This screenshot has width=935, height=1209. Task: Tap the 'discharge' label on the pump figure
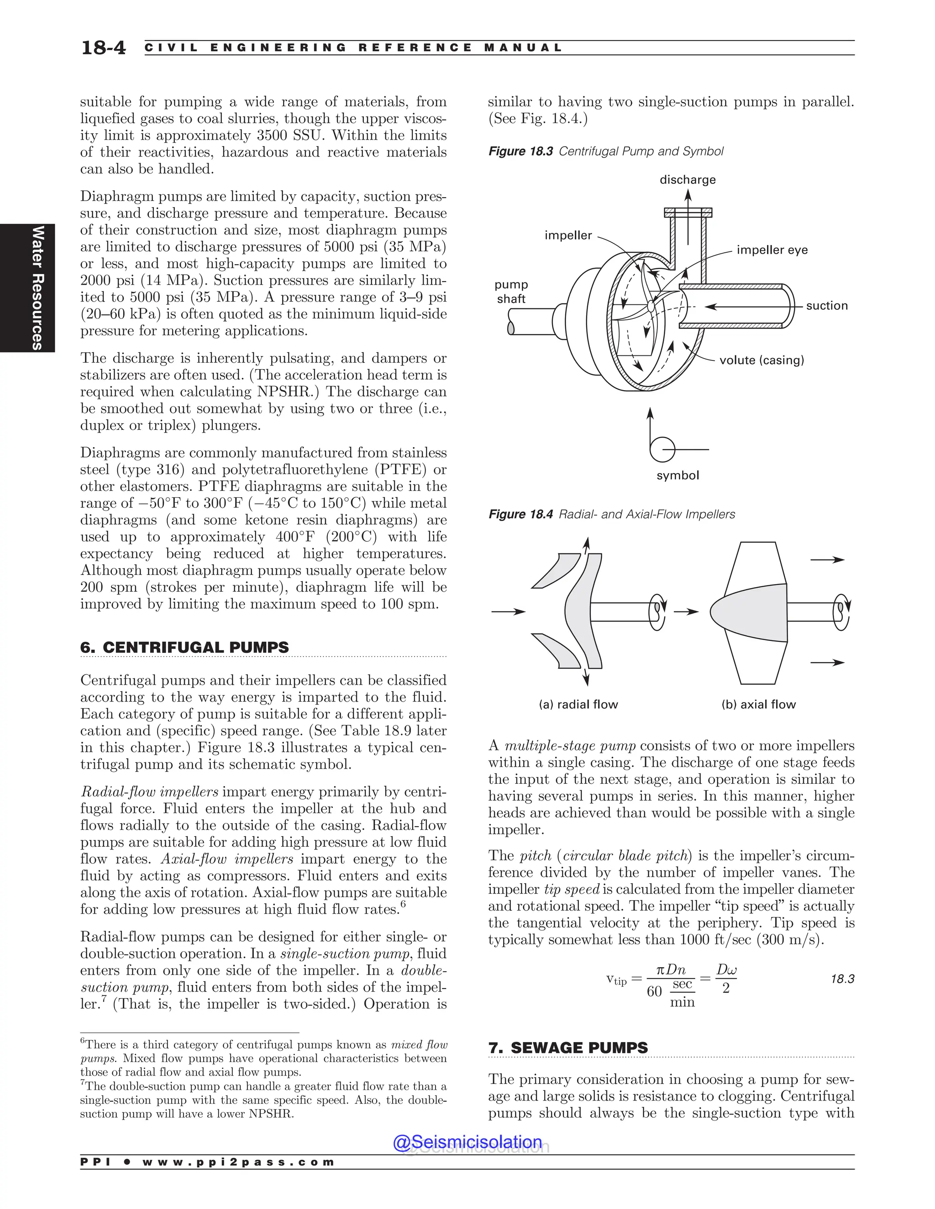click(x=688, y=179)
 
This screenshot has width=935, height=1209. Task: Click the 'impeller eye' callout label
click(x=772, y=250)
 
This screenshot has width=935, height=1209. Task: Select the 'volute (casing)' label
click(x=761, y=360)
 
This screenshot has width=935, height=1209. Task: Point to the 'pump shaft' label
click(x=511, y=291)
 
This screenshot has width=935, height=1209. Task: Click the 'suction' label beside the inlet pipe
click(x=826, y=306)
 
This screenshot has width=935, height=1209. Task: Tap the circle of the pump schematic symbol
click(x=662, y=449)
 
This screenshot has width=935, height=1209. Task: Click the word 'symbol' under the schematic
click(x=678, y=475)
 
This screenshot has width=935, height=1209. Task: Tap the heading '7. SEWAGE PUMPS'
click(x=568, y=1047)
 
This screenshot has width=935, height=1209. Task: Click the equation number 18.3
click(x=842, y=979)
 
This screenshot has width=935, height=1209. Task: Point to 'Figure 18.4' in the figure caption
click(x=520, y=514)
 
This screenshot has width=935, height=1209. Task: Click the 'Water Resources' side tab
click(x=37, y=287)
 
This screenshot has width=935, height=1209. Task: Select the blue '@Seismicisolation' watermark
click(x=467, y=1141)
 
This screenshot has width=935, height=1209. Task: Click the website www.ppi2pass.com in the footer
click(x=238, y=1162)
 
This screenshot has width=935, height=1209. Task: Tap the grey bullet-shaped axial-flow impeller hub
click(x=748, y=612)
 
